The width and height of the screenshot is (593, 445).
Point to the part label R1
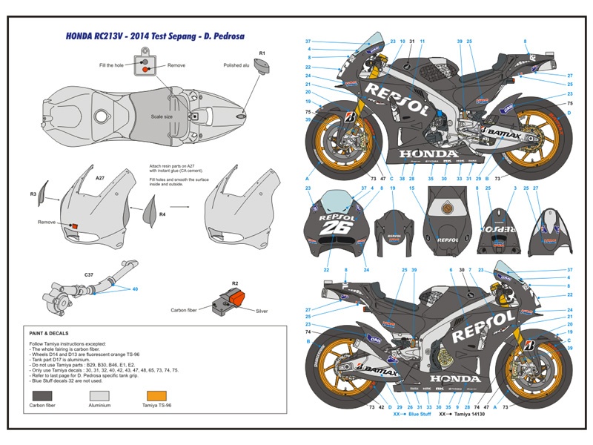262,53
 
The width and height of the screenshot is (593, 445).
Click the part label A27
99,179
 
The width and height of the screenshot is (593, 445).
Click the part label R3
33,194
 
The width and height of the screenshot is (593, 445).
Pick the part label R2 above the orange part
234,283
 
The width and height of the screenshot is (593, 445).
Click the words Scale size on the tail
162,116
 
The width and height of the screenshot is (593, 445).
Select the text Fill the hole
113,65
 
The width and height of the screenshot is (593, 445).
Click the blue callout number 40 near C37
133,290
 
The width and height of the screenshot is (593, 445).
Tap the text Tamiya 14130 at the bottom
481,415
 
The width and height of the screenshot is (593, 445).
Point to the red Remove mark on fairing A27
73,225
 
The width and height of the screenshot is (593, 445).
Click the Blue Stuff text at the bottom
419,415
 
